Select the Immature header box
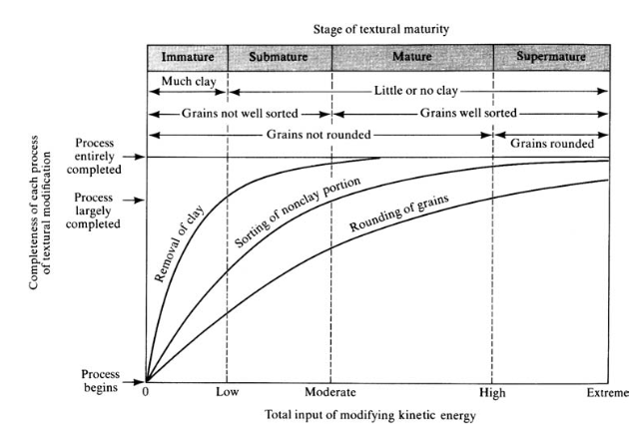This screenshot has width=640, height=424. pyautogui.click(x=187, y=57)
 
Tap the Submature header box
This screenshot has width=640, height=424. pyautogui.click(x=279, y=57)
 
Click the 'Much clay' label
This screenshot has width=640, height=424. pyautogui.click(x=187, y=79)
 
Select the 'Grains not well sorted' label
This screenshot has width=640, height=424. pyautogui.click(x=239, y=112)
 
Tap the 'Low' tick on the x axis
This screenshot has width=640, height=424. pyautogui.click(x=227, y=393)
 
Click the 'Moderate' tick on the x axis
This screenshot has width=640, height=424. pyautogui.click(x=330, y=393)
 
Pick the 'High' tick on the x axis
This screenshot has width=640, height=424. pyautogui.click(x=491, y=393)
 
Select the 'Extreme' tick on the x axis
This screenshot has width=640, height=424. pyautogui.click(x=607, y=393)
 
